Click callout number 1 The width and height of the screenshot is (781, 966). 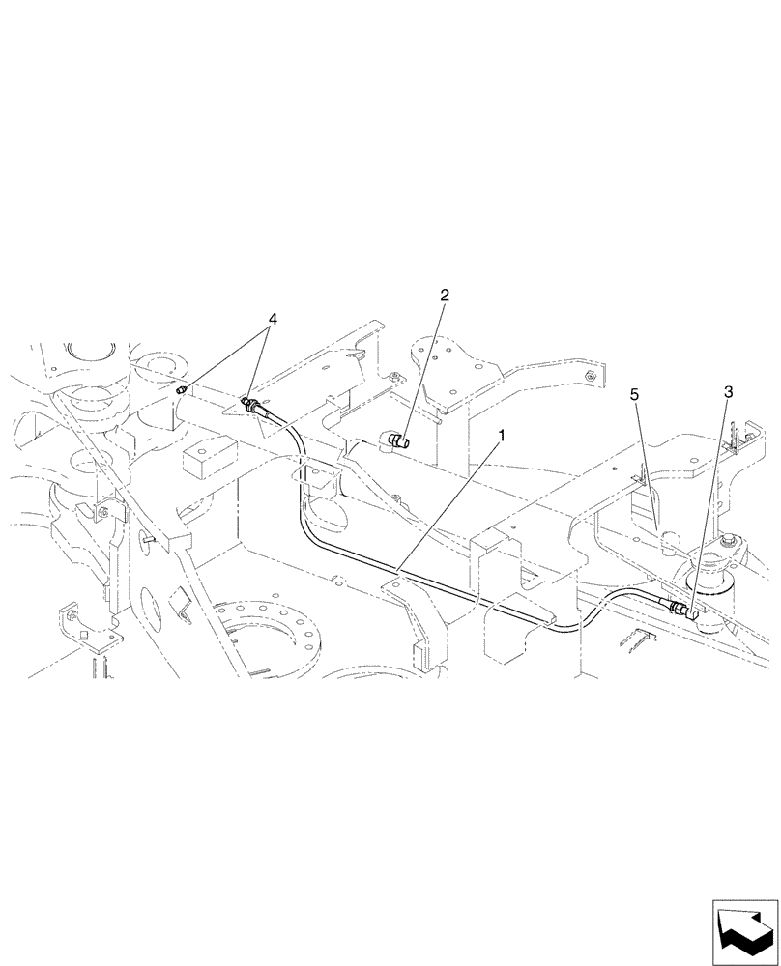click(x=502, y=437)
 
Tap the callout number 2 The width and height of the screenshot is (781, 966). click(x=445, y=296)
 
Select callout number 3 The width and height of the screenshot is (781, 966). click(x=728, y=392)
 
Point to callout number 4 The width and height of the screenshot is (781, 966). click(x=273, y=318)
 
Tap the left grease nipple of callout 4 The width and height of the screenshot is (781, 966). click(x=184, y=388)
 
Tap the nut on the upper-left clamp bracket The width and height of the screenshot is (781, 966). click(x=101, y=513)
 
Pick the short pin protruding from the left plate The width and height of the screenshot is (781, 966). click(x=145, y=537)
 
